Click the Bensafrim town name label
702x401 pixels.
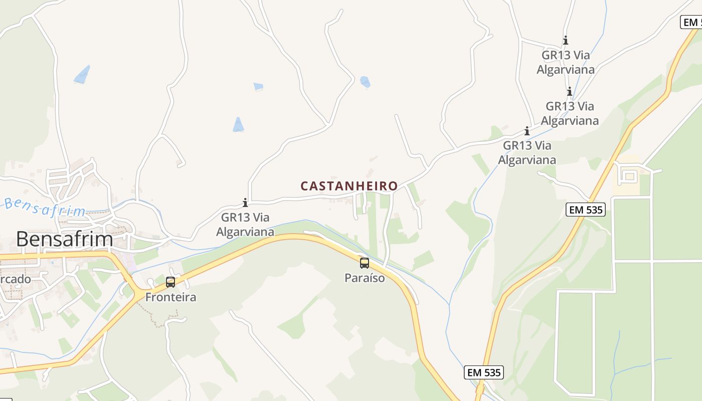(64, 239)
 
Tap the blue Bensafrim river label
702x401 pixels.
(45, 208)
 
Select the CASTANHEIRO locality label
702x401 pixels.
(349, 186)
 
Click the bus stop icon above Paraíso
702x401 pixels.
(365, 263)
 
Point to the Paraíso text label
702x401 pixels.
(365, 278)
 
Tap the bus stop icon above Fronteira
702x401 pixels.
(170, 282)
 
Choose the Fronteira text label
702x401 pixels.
(170, 297)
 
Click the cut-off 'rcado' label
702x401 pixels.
(15, 279)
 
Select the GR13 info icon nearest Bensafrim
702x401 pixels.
(245, 203)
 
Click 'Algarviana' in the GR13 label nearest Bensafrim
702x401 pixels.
(245, 232)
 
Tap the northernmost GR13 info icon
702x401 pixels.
(566, 40)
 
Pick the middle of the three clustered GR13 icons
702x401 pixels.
(570, 91)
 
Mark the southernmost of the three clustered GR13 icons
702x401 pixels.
(527, 131)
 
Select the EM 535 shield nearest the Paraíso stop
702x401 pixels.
(484, 372)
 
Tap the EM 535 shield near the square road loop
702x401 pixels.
(586, 210)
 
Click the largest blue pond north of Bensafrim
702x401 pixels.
(82, 74)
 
